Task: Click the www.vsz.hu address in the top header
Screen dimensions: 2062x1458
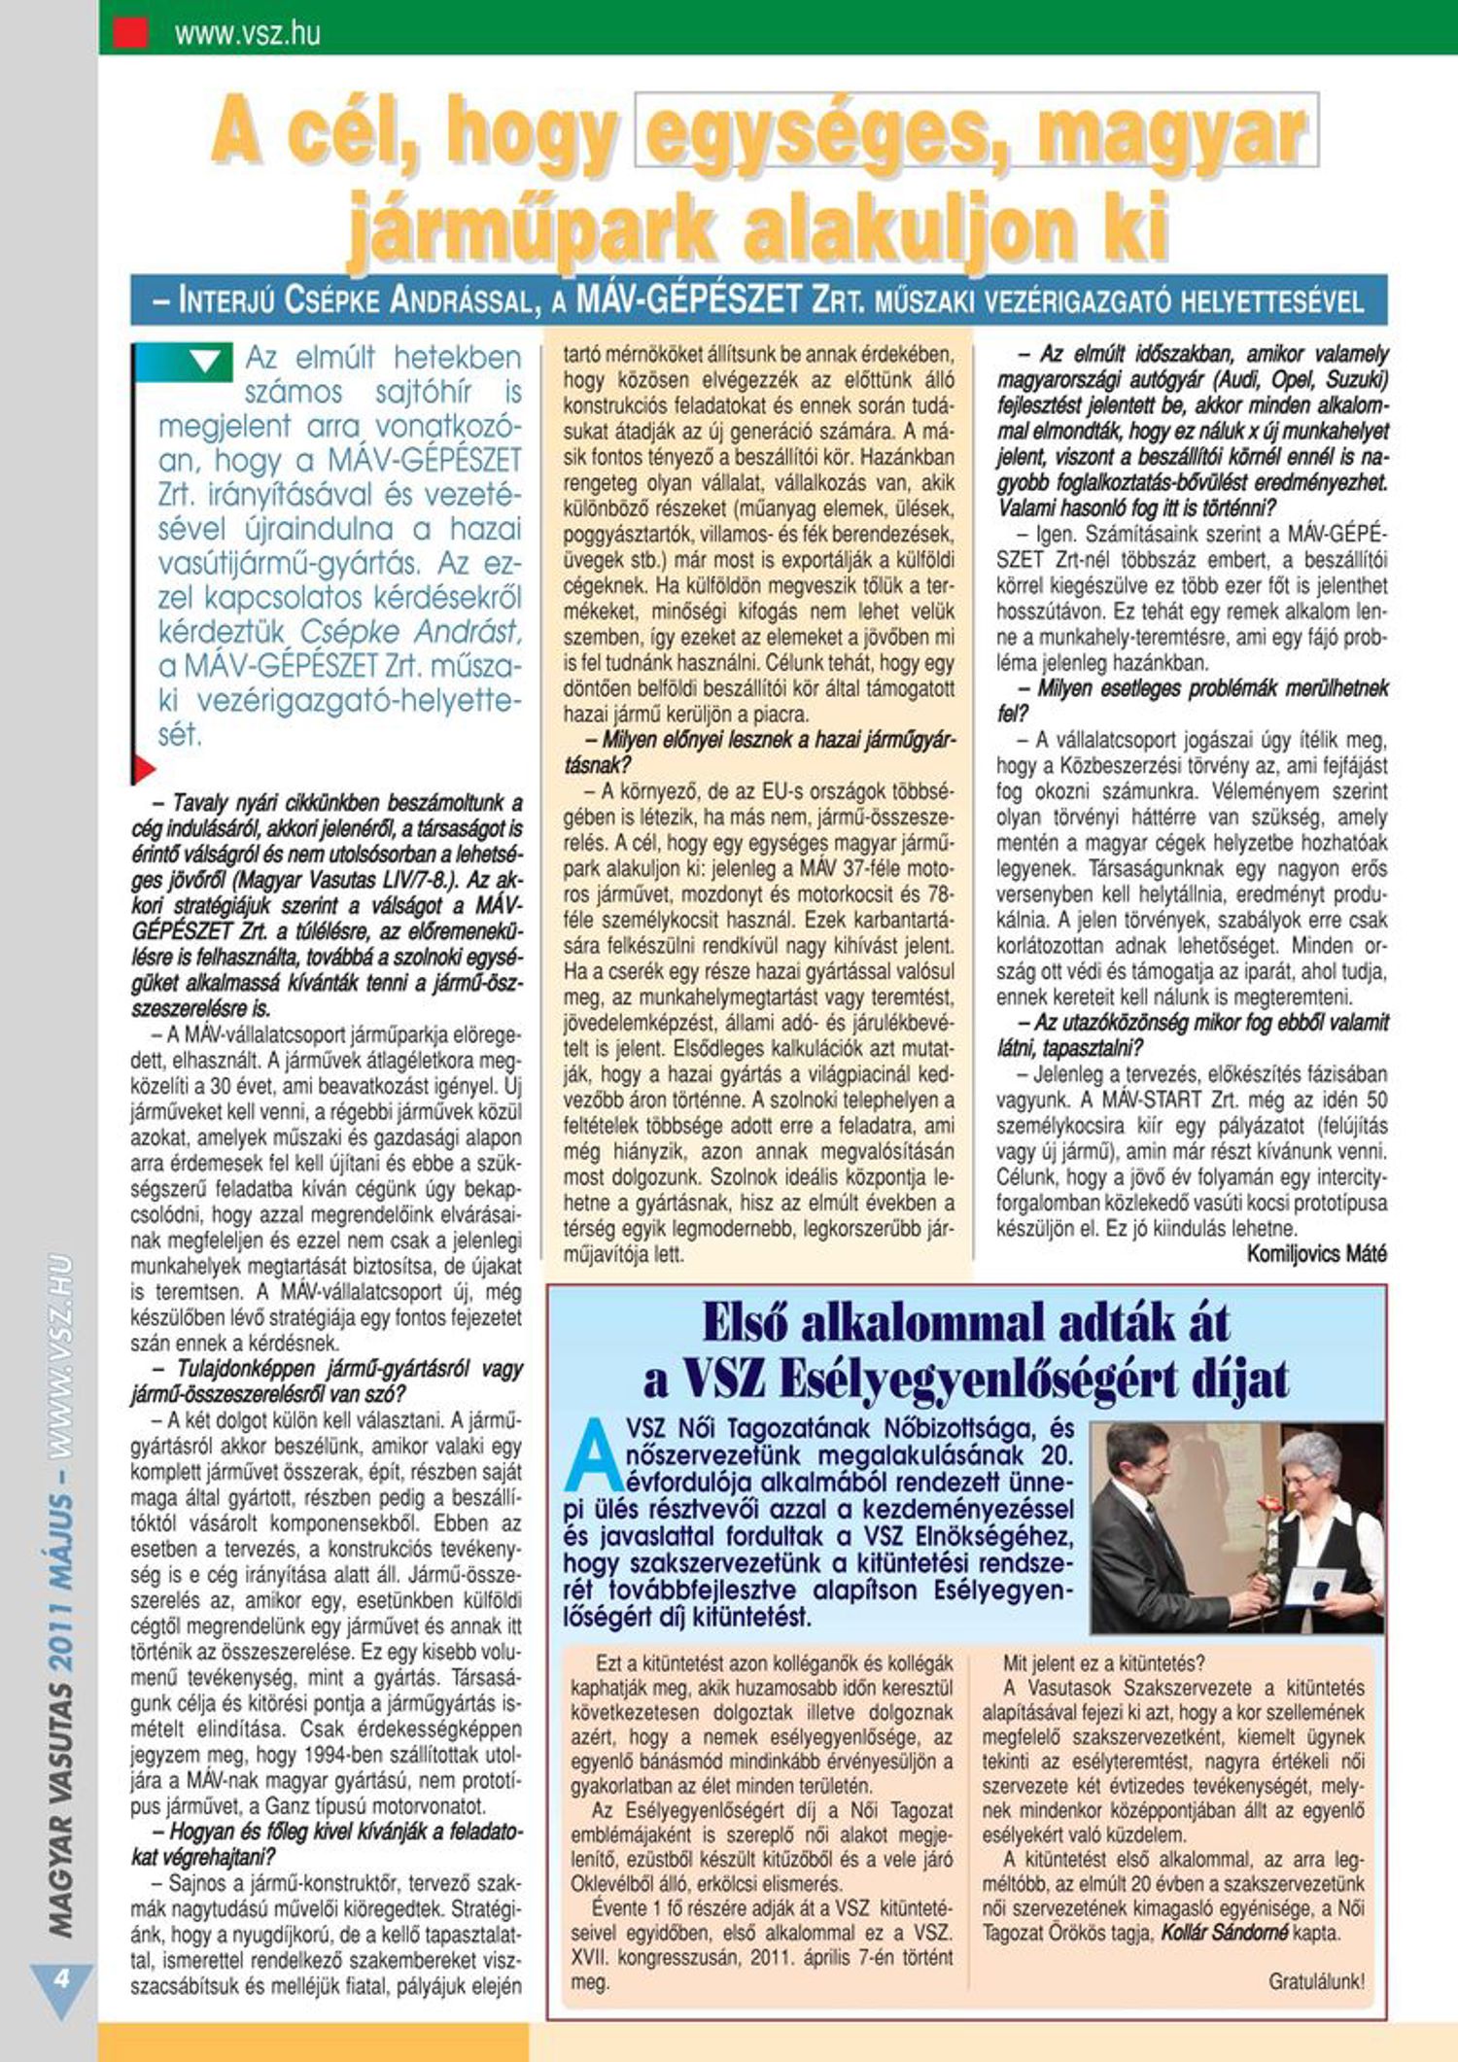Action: (247, 35)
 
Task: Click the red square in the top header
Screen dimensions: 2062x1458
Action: (131, 33)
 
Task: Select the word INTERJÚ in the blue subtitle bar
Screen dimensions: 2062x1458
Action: (226, 301)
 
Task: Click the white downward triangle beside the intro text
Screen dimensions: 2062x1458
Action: (205, 363)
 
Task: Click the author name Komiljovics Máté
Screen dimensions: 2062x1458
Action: (1316, 1254)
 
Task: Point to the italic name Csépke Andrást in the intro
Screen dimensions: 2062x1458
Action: (410, 632)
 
